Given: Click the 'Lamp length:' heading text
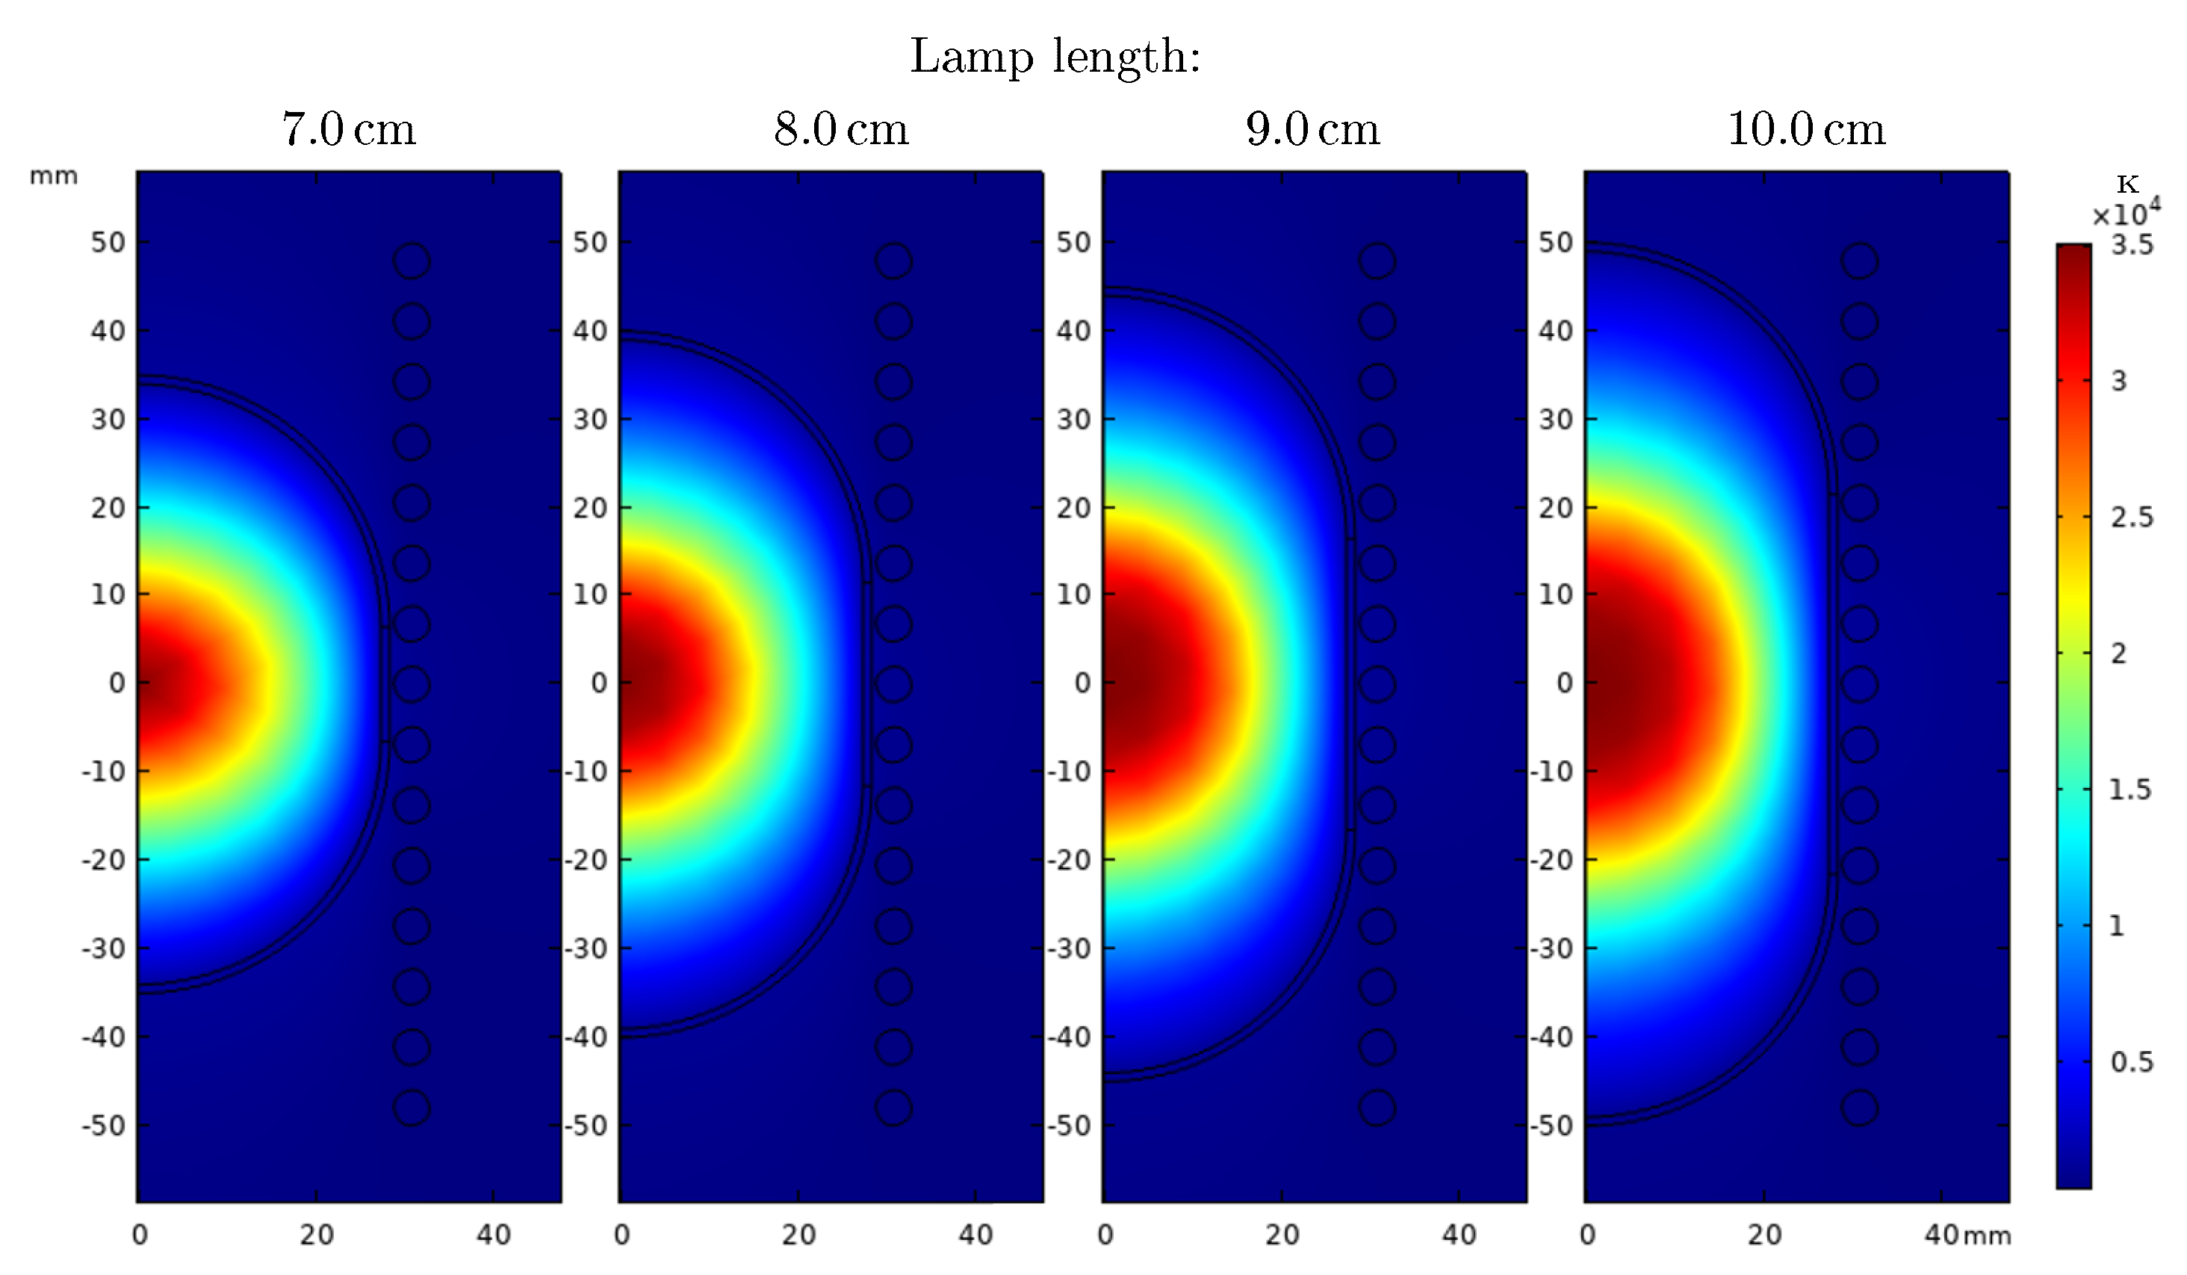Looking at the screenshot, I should click(x=1055, y=58).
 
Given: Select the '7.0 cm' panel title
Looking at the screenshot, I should click(x=349, y=129).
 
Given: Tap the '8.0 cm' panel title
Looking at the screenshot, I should click(x=841, y=129).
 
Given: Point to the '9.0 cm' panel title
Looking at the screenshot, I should click(x=1312, y=129).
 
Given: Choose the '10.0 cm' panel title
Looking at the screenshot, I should click(x=1806, y=129).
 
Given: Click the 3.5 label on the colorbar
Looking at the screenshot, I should click(x=2132, y=246).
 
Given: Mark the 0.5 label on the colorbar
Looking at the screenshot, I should click(x=2132, y=1061).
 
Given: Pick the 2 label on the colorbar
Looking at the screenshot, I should click(x=2118, y=654).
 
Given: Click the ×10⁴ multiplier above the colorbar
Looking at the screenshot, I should click(x=2126, y=214).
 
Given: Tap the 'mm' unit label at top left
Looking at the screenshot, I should click(x=54, y=176).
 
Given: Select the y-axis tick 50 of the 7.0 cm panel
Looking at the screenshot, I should click(x=108, y=242).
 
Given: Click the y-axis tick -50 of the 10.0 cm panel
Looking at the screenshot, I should click(x=1551, y=1126).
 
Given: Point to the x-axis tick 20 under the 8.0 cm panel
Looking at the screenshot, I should click(x=798, y=1234).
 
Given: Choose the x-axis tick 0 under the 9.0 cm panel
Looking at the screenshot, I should click(x=1105, y=1234).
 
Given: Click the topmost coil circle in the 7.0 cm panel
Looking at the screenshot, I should click(x=412, y=261).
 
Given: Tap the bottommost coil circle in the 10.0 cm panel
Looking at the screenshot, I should click(x=1859, y=1108).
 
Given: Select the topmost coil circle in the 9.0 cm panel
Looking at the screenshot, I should click(x=1377, y=261).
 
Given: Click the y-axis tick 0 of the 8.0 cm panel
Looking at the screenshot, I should click(x=599, y=683).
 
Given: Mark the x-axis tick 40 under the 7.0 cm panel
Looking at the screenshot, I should click(x=493, y=1234).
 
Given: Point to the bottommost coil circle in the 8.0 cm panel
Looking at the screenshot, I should click(x=894, y=1108).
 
